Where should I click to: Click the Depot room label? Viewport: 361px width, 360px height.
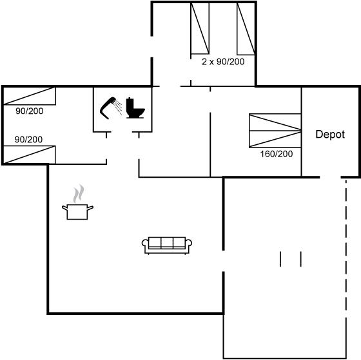pyautogui.click(x=330, y=135)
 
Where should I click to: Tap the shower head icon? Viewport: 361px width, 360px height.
pyautogui.click(x=108, y=108)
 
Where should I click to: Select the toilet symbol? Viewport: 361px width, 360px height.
pyautogui.click(x=135, y=108)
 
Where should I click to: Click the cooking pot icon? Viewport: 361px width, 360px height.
pyautogui.click(x=77, y=212)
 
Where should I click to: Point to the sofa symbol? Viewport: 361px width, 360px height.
pyautogui.click(x=167, y=245)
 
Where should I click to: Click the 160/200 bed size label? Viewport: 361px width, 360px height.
pyautogui.click(x=277, y=154)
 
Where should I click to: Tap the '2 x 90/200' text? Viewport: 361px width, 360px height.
pyautogui.click(x=223, y=62)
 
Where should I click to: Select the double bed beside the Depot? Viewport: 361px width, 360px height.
pyautogui.click(x=275, y=131)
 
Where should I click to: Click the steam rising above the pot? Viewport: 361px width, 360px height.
pyautogui.click(x=79, y=194)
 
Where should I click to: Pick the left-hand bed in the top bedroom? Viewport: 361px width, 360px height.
pyautogui.click(x=200, y=28)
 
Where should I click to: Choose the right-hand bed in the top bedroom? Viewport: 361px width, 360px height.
pyautogui.click(x=246, y=28)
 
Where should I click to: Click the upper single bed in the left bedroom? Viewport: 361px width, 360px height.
pyautogui.click(x=30, y=96)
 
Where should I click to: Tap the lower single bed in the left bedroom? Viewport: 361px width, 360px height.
pyautogui.click(x=29, y=155)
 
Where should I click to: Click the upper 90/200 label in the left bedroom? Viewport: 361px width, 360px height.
pyautogui.click(x=30, y=111)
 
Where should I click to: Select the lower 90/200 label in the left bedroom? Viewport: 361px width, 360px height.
pyautogui.click(x=28, y=139)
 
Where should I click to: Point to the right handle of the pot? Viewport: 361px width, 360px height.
pyautogui.click(x=90, y=208)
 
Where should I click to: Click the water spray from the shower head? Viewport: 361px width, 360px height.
pyautogui.click(x=119, y=107)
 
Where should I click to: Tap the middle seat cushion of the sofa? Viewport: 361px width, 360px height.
pyautogui.click(x=167, y=242)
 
